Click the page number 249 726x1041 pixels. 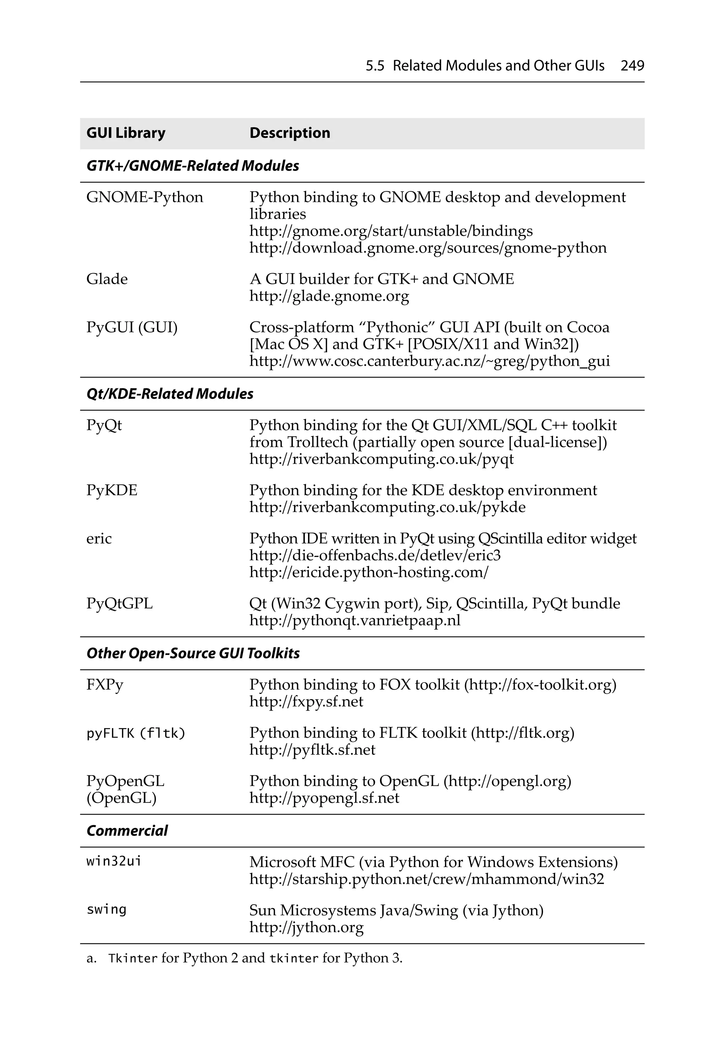click(632, 66)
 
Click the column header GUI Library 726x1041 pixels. click(126, 133)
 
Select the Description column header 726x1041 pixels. click(290, 133)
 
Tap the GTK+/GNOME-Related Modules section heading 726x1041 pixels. click(192, 166)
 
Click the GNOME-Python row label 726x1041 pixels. click(145, 197)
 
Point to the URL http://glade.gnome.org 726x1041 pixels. click(329, 296)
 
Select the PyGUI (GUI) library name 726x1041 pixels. click(132, 327)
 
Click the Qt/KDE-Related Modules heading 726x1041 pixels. click(170, 394)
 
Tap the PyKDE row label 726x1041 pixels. click(112, 490)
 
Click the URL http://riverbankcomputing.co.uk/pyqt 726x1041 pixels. click(381, 459)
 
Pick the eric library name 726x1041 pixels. click(99, 539)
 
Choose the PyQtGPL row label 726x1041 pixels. click(119, 603)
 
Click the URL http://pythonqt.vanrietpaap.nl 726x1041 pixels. click(355, 620)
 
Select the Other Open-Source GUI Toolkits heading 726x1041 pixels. click(193, 653)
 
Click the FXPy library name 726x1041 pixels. click(105, 685)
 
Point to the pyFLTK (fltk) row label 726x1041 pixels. click(136, 733)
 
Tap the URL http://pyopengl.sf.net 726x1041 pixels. click(324, 798)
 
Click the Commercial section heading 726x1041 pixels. click(127, 831)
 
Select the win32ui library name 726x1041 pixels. click(114, 861)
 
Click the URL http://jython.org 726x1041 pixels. click(306, 927)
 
